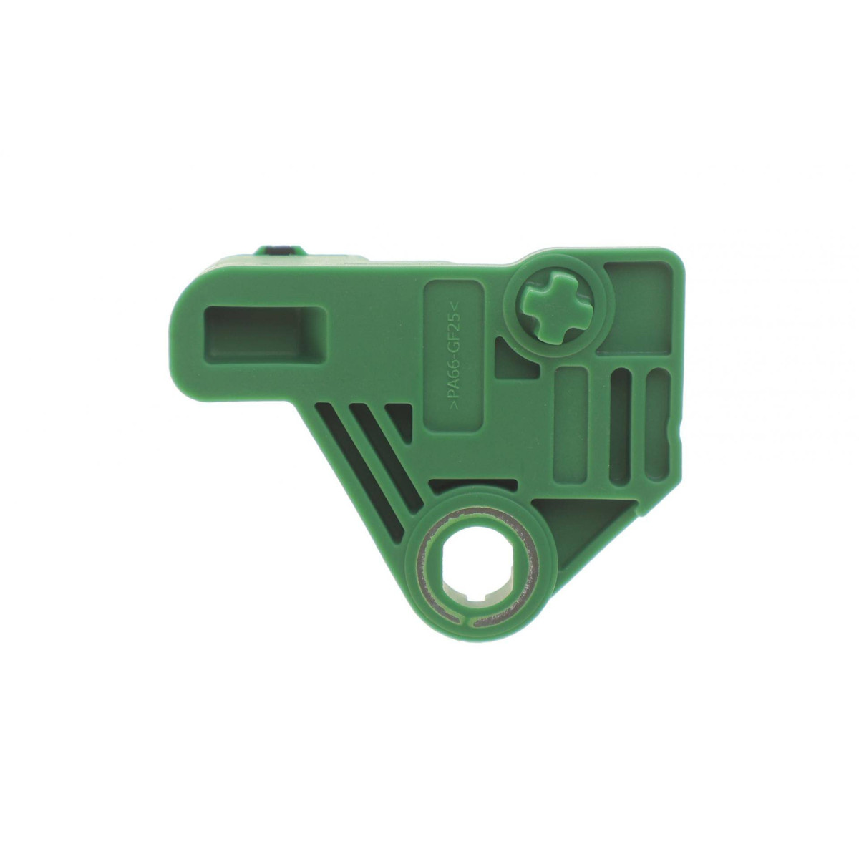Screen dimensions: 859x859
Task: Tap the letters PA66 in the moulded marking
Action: pyautogui.click(x=456, y=387)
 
